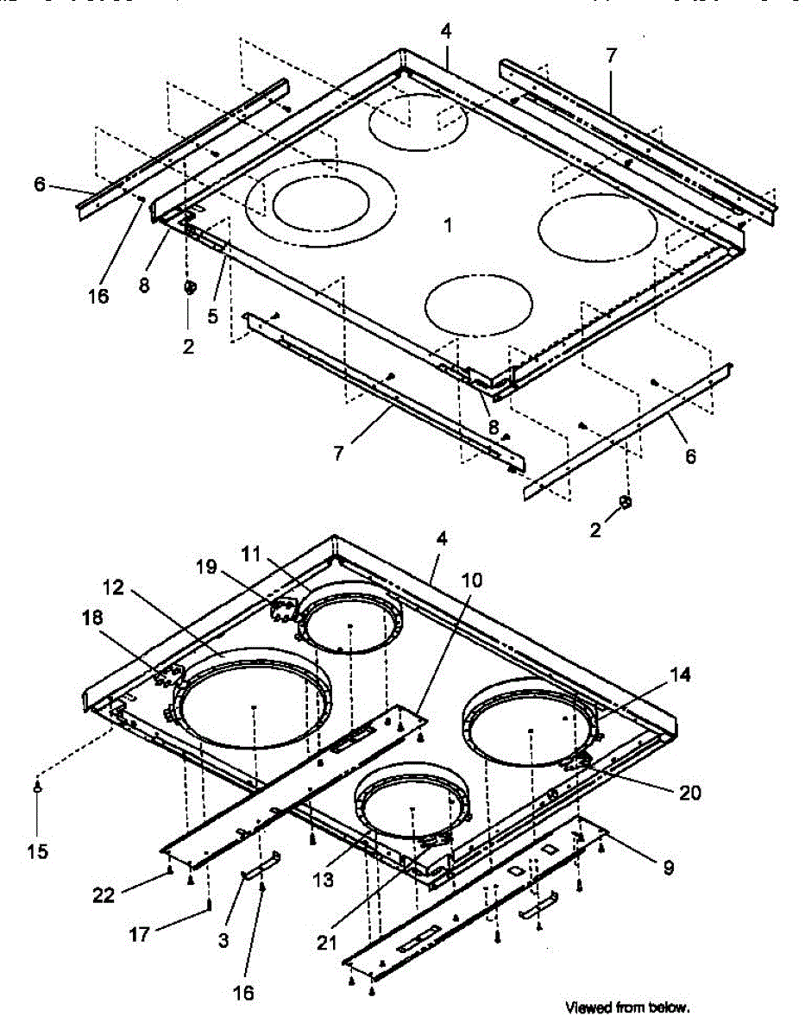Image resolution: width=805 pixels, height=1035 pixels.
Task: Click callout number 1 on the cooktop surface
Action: click(448, 225)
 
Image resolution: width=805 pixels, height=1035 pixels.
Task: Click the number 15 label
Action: click(37, 851)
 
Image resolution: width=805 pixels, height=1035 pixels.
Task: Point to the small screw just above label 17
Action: click(210, 903)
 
